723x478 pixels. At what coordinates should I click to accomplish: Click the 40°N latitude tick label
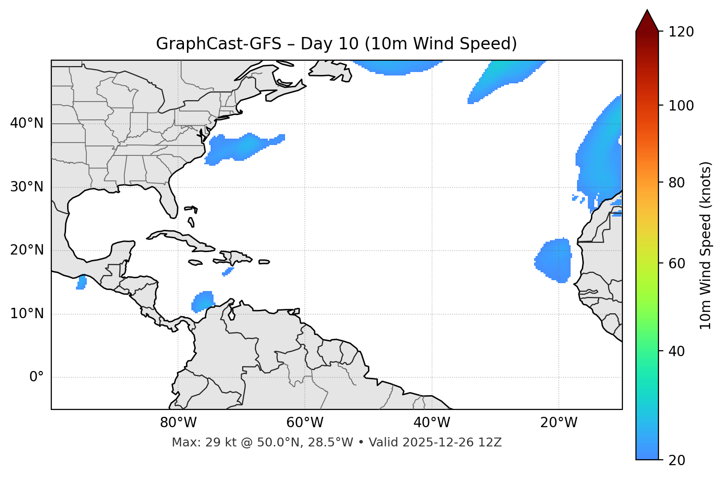[x=27, y=123]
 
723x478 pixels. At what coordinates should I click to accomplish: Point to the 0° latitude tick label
[x=36, y=377]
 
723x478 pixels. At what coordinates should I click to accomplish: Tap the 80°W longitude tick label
[x=178, y=423]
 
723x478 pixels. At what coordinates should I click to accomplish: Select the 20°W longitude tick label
[x=559, y=423]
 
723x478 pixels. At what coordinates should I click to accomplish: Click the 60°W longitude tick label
[x=305, y=423]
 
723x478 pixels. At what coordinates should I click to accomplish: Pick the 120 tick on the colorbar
[x=682, y=32]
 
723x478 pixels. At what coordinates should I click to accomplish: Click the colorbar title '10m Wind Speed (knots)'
[x=706, y=245]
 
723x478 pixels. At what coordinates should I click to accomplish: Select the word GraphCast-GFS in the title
[x=218, y=44]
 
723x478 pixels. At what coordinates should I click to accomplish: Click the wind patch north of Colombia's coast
[x=203, y=301]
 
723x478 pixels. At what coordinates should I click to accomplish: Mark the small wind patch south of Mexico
[x=81, y=283]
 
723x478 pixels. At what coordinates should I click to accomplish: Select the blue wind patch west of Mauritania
[x=554, y=260]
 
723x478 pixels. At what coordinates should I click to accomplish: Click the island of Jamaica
[x=195, y=262]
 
